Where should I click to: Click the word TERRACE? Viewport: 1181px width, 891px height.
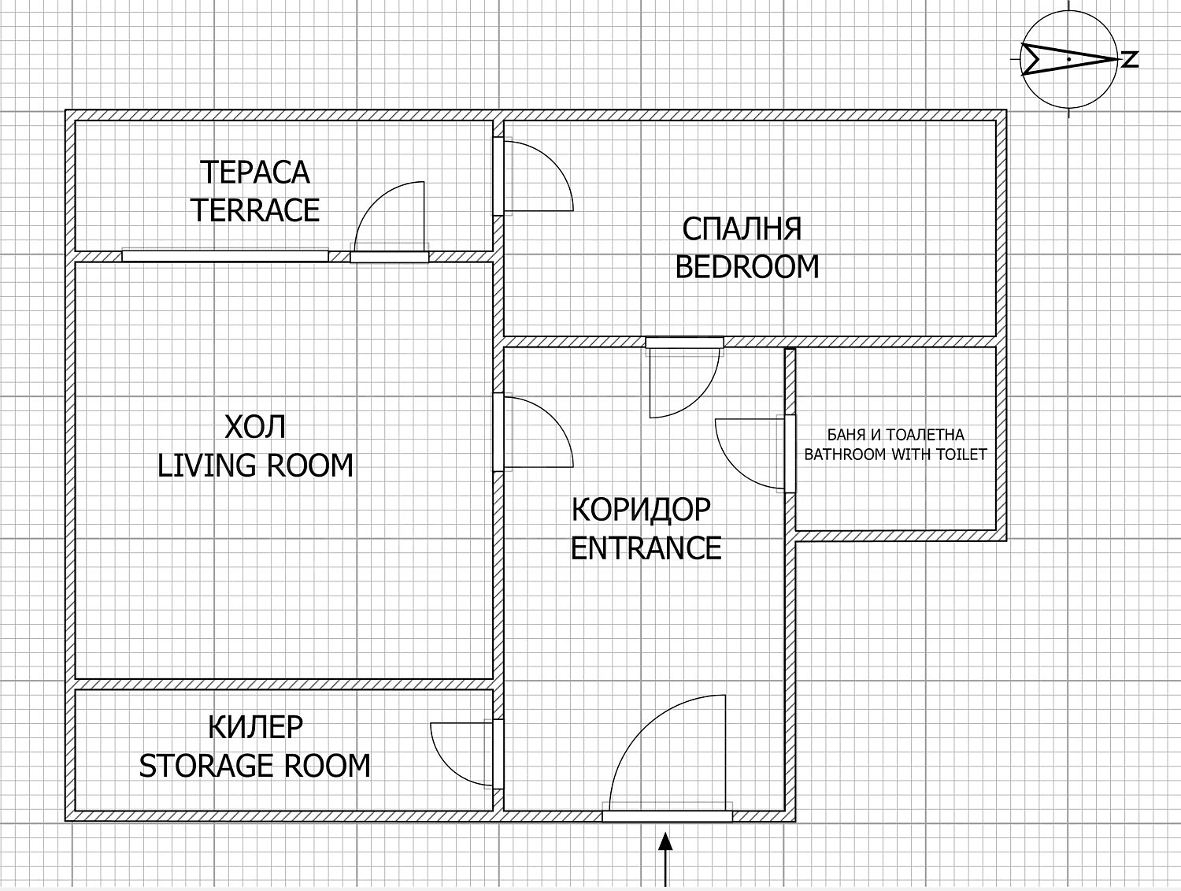pos(256,210)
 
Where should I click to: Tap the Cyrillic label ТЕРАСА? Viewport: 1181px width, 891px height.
pos(255,173)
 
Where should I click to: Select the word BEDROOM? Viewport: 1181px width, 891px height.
pos(747,266)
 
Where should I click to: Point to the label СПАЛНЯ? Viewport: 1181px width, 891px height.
pos(742,228)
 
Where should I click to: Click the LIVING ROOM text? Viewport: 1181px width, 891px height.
pos(256,466)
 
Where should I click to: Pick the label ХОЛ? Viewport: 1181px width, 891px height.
pos(255,428)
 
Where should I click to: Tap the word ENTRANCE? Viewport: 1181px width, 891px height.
pos(646,548)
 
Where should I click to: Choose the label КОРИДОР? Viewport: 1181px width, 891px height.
pos(642,510)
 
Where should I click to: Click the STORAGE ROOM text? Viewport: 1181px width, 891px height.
pos(255,766)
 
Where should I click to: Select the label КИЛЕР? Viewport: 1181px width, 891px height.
pos(256,727)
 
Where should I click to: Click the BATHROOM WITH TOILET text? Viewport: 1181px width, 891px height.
pos(895,455)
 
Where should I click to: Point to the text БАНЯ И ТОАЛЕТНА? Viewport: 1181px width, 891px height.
pos(895,434)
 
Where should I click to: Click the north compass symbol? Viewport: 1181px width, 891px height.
pos(1068,59)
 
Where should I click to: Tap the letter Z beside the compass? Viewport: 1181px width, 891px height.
pos(1130,59)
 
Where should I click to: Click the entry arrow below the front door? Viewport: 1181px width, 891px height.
pos(666,859)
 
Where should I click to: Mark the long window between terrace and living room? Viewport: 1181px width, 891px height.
pos(225,256)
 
